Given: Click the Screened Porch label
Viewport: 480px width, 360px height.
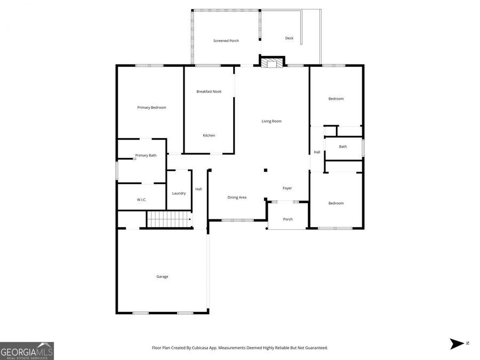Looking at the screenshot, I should click(226, 41).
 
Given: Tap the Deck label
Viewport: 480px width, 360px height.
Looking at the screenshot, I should click(289, 38).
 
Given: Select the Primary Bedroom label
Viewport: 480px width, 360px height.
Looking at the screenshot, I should click(151, 108).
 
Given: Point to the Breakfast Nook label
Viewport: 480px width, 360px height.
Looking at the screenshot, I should click(209, 92).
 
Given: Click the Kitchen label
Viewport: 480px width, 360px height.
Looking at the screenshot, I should click(209, 135).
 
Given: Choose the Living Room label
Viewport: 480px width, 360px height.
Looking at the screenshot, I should click(271, 121).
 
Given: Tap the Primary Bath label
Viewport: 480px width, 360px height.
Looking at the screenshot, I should click(146, 156).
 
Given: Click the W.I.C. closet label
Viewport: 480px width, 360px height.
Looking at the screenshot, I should click(141, 200).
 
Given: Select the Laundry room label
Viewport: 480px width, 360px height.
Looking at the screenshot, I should click(179, 193).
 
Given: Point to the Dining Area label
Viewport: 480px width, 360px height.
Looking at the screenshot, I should click(237, 198).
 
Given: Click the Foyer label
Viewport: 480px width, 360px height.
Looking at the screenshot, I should click(287, 188).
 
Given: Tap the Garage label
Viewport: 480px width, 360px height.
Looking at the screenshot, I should click(162, 277).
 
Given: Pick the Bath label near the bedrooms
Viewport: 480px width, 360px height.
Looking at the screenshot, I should click(342, 147).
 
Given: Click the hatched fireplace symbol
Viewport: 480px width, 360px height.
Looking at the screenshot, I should click(273, 63).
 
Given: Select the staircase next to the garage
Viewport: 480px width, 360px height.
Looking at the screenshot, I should click(169, 219).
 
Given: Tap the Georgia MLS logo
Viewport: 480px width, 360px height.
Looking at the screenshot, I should click(27, 351).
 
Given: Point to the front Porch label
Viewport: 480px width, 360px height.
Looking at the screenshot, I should click(287, 219).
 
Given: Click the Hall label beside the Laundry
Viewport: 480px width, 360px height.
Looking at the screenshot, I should click(198, 189).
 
